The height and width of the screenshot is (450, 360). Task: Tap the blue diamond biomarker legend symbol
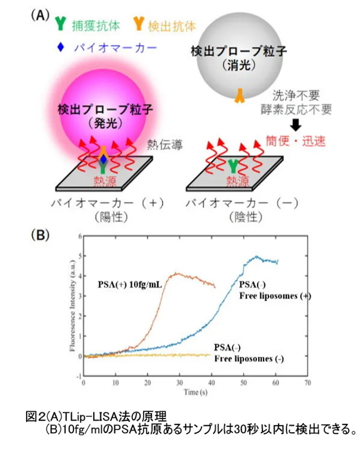click(60, 47)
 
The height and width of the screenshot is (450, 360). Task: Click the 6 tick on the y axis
click(79, 236)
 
